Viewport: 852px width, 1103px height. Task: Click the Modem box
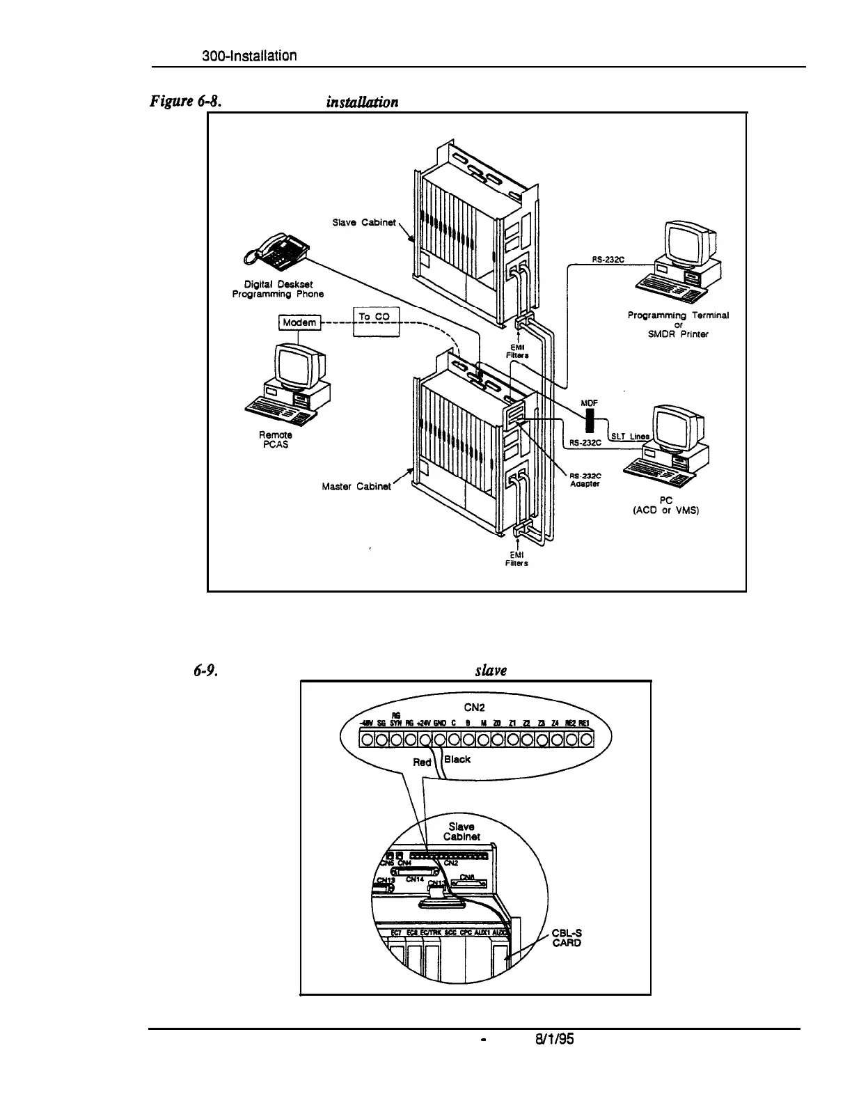point(299,322)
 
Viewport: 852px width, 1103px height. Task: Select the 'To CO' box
point(374,317)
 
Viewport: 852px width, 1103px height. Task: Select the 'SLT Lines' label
point(629,437)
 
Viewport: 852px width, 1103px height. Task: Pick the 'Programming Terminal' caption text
point(678,315)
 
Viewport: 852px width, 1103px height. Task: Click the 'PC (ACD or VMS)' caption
point(665,503)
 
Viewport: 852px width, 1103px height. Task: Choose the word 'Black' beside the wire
point(457,759)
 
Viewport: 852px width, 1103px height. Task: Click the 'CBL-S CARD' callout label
point(566,939)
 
